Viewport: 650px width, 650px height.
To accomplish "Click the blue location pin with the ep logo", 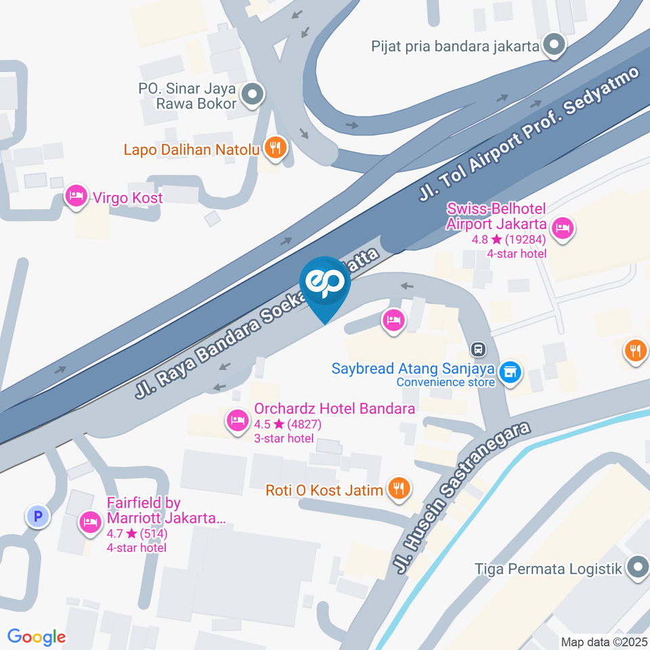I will tap(325, 285).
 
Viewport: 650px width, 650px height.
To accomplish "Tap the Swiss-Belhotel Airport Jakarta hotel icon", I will tap(562, 227).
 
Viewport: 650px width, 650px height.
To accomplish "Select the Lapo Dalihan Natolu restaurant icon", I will tap(275, 147).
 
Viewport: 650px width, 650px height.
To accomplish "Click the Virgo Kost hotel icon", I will tap(76, 197).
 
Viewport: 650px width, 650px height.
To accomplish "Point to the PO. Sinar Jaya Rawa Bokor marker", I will tap(253, 95).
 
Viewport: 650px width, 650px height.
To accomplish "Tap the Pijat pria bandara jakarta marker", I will tap(555, 46).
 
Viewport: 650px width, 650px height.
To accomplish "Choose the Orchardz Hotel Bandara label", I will tap(334, 409).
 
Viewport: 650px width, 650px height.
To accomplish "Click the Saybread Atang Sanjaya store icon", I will tap(508, 371).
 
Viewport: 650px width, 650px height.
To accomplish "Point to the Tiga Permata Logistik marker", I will tap(637, 568).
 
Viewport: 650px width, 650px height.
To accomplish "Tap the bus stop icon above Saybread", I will tap(479, 349).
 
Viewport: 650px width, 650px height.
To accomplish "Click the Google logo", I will tap(37, 636).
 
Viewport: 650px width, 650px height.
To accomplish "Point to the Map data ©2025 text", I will tap(604, 641).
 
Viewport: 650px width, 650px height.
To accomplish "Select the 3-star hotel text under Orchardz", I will tap(284, 438).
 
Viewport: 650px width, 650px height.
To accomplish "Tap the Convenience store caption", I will tap(446, 382).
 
